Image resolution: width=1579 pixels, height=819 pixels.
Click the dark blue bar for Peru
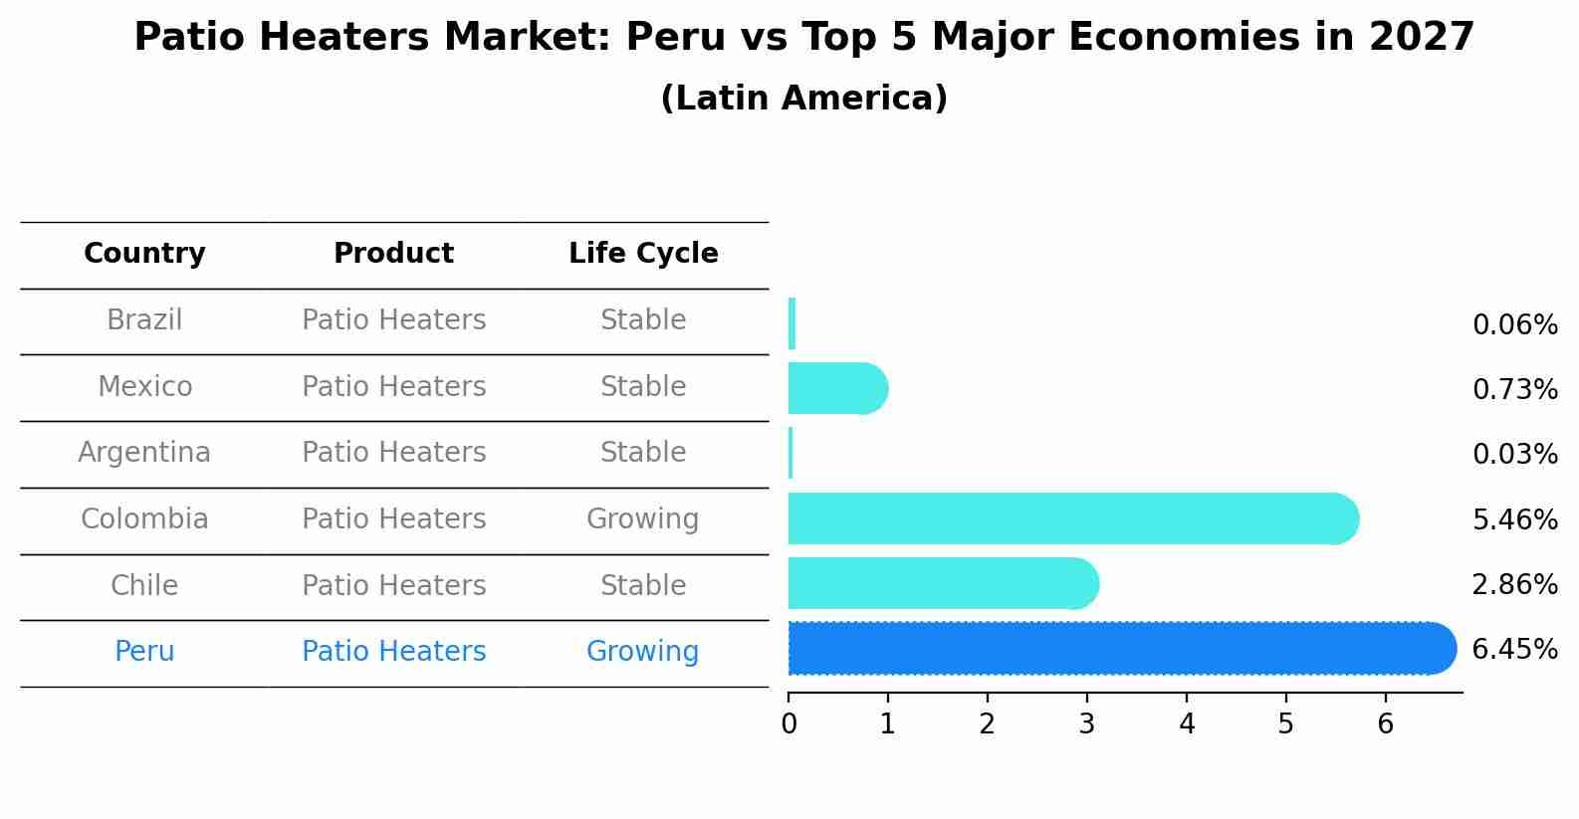click(x=1115, y=649)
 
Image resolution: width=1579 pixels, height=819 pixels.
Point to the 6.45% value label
click(x=1514, y=650)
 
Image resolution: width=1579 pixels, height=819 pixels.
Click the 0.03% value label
click(x=1514, y=455)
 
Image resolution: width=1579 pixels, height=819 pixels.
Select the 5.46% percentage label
click(x=1514, y=519)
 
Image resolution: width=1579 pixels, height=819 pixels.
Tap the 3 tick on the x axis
click(x=1086, y=724)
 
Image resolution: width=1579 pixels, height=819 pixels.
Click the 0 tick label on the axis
click(x=789, y=724)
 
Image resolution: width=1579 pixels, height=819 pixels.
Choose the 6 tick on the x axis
click(x=1385, y=724)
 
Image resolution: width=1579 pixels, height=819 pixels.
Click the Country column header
click(x=144, y=254)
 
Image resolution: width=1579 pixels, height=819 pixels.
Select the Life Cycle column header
click(x=643, y=254)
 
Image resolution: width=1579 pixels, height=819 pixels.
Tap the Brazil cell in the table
click(x=144, y=320)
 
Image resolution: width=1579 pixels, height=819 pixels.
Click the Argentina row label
click(x=144, y=453)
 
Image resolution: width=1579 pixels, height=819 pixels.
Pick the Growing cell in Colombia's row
click(x=642, y=519)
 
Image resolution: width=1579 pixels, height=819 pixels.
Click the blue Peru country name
click(x=144, y=652)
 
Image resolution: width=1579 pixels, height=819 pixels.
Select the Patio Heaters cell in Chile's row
click(x=393, y=585)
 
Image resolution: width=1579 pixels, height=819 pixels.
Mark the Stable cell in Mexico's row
click(x=642, y=387)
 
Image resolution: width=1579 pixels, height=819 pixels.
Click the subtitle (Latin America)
click(x=803, y=99)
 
